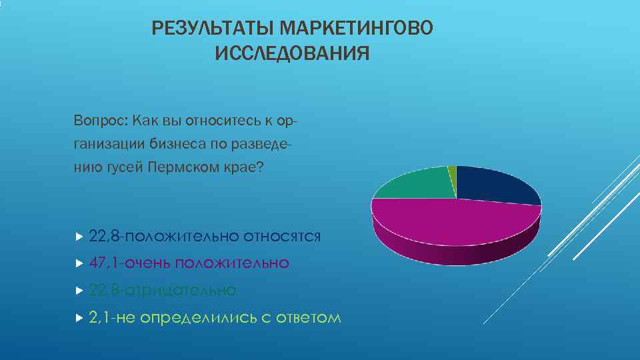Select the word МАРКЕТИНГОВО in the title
click(x=357, y=29)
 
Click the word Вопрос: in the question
click(x=101, y=121)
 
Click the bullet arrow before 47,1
click(x=79, y=263)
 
